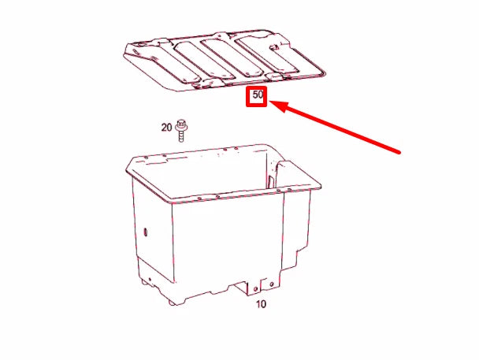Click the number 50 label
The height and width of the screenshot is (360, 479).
click(x=258, y=97)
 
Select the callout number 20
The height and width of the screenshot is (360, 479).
click(x=166, y=126)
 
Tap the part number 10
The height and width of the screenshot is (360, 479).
click(x=260, y=304)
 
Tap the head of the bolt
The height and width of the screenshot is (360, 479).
click(x=182, y=123)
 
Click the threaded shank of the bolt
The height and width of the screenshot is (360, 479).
click(x=182, y=135)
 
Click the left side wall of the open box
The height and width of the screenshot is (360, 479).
click(x=150, y=228)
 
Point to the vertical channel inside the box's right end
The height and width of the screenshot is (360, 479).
click(x=276, y=177)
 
